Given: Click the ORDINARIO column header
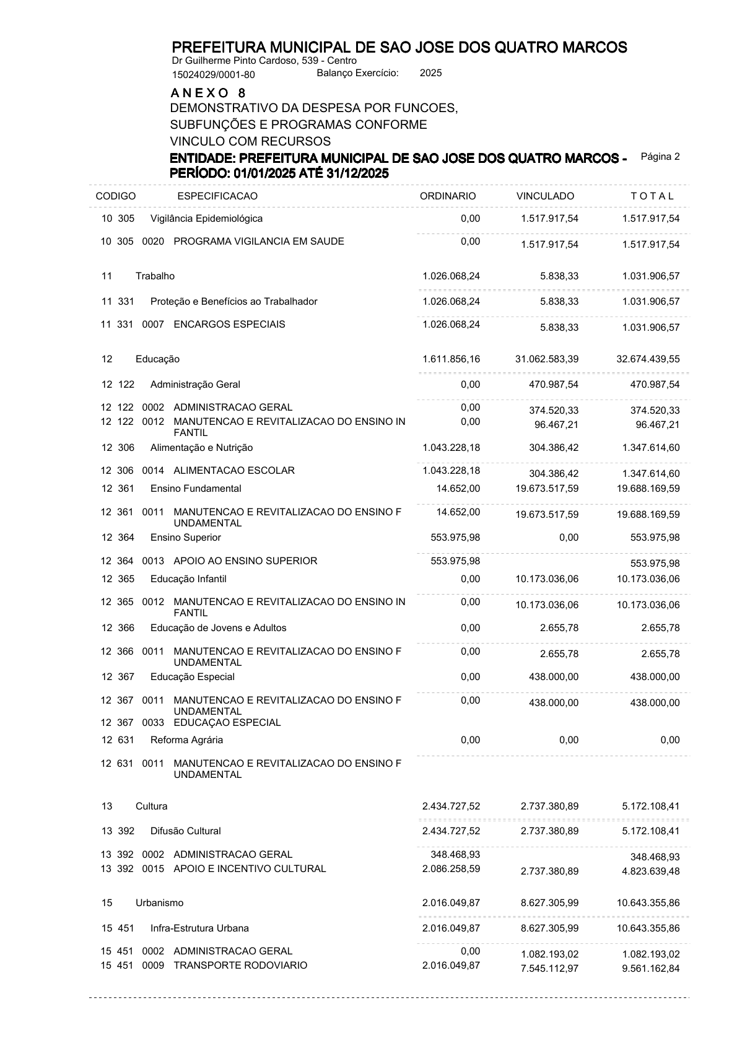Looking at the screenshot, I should [448, 196].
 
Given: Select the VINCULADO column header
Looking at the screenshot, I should [545, 196].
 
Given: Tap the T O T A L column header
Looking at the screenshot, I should [652, 196].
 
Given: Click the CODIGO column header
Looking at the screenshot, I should [116, 196].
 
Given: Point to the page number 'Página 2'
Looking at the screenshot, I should [660, 157].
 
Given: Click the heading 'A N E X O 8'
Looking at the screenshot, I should [208, 93].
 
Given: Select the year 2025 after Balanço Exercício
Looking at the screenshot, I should [431, 73].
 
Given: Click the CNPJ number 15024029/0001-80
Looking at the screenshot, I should [213, 75].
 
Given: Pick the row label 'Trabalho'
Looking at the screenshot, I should [155, 276].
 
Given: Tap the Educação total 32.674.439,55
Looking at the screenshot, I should [648, 359].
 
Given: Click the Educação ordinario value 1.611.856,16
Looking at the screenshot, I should [451, 359].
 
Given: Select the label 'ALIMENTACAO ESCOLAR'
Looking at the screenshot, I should [234, 471].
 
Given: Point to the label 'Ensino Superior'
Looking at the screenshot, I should [186, 538].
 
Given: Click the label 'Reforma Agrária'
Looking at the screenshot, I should [186, 740].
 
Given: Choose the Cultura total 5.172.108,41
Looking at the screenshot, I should [650, 806].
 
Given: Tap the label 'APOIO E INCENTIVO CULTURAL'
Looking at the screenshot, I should [250, 869].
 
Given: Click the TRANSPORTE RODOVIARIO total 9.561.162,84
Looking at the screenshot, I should [648, 969].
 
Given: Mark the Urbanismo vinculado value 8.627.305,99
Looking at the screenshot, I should [550, 903].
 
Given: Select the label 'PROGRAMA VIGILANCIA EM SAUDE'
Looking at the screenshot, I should [259, 242].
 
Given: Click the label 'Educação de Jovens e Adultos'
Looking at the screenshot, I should [219, 628].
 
